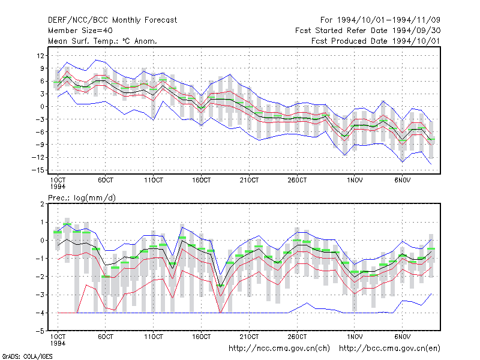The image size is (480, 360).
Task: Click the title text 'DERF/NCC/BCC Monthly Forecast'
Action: [112, 20]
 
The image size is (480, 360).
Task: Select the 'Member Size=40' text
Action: [80, 31]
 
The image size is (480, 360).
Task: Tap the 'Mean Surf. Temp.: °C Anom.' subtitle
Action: [103, 41]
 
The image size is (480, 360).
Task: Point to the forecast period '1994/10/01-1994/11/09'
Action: [388, 20]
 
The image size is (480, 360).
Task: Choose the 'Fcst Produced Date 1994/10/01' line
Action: [376, 41]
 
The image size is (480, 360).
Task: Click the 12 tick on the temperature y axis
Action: [40, 56]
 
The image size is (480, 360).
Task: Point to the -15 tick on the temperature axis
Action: [38, 170]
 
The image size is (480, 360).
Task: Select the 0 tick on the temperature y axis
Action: [42, 107]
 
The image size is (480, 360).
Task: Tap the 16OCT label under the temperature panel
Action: [202, 180]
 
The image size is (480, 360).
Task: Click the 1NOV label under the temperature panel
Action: [355, 180]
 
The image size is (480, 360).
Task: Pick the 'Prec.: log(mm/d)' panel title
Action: [82, 198]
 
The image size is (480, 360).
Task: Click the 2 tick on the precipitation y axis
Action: [42, 204]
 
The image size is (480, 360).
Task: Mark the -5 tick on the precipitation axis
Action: [40, 331]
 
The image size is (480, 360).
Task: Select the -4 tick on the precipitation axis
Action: [40, 313]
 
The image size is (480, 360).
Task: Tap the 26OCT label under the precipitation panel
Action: [297, 337]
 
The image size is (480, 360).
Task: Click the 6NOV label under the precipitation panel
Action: [402, 337]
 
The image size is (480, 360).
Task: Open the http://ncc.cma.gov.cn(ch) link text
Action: [279, 349]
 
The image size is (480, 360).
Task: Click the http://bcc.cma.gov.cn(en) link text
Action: [389, 349]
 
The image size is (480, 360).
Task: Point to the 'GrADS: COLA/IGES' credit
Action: [28, 356]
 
